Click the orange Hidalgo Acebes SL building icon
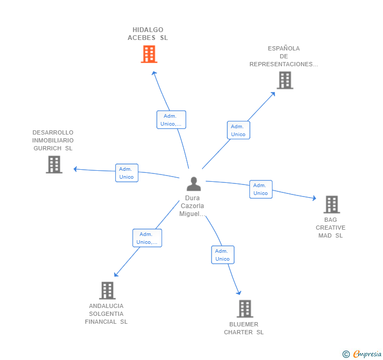click(149, 54)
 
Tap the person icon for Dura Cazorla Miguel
click(194, 184)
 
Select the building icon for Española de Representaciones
click(285, 80)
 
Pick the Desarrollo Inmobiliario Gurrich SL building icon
click(54, 164)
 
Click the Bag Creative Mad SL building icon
click(331, 204)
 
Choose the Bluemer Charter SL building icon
click(244, 309)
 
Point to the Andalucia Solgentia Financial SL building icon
click(107, 291)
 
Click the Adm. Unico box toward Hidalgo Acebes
click(171, 120)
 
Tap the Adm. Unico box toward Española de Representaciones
click(238, 130)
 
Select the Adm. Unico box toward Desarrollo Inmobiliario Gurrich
click(127, 173)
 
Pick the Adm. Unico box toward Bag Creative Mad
click(260, 189)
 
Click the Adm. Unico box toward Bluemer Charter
click(223, 255)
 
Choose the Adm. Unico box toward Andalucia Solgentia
click(147, 238)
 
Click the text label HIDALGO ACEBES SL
click(147, 34)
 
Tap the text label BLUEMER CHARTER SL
click(244, 328)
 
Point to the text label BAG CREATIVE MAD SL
click(330, 228)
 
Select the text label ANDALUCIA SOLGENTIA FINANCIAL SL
click(106, 314)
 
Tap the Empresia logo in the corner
click(362, 354)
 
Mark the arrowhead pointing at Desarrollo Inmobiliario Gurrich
click(76, 169)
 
